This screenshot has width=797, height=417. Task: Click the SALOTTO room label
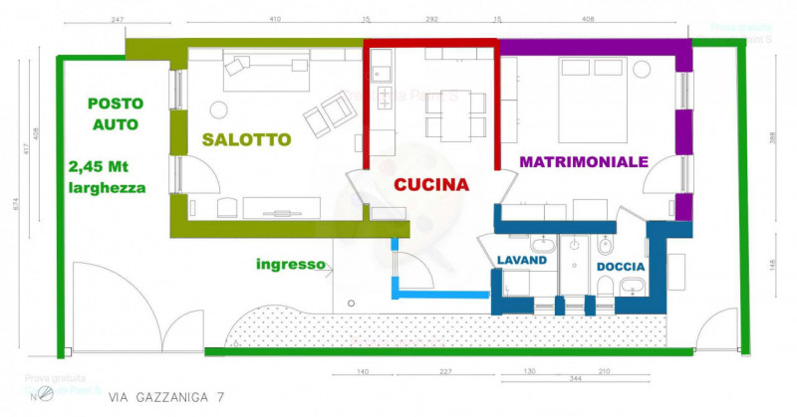click(x=246, y=139)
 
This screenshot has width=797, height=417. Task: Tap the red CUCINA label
click(x=431, y=184)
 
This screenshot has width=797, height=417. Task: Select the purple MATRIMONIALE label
click(x=584, y=160)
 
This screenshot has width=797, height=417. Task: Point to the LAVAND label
click(x=522, y=261)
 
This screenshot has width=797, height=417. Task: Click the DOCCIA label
click(x=620, y=268)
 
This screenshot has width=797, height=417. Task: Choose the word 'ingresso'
click(x=291, y=265)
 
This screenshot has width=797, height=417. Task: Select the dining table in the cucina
click(x=455, y=112)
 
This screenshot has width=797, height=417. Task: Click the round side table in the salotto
click(x=218, y=110)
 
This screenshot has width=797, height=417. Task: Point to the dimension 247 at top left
click(x=119, y=19)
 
